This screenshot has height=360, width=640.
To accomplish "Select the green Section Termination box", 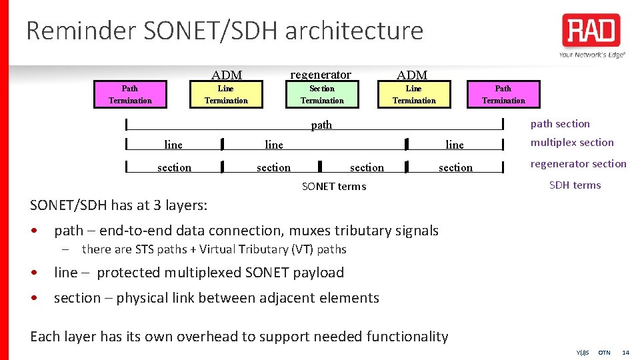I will coord(322,95).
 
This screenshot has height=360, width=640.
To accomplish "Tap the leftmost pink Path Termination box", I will coord(130,95).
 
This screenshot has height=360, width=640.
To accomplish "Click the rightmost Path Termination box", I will coord(503,95).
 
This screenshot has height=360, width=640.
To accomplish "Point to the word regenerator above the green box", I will coord(321,75).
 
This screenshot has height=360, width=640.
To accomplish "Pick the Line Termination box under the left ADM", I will coord(226,95).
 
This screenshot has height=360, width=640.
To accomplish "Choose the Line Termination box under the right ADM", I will coord(414,95).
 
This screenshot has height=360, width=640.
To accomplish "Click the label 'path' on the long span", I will coord(321,125).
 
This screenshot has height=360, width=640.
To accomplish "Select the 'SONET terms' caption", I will coord(334,187).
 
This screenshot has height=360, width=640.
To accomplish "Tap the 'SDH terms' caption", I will coord(575,185).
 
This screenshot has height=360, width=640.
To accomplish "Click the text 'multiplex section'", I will coord(572,143).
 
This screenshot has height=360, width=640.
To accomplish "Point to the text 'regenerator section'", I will coord(578,164).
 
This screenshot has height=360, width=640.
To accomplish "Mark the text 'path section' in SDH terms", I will coord(560,124).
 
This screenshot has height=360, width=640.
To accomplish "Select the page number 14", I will coord(625,352).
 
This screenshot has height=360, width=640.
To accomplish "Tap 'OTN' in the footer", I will coord(604,352).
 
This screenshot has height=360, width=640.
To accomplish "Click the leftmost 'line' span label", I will coord(173,145).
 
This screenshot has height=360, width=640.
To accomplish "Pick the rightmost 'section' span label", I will coord(455,168).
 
